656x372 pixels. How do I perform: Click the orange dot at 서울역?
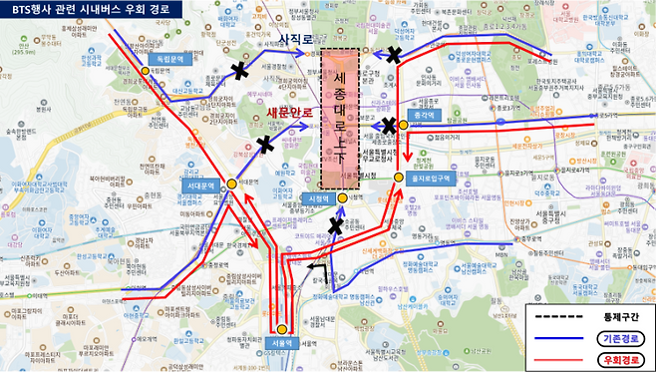(x=282, y=329)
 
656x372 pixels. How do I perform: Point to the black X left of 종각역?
(x=390, y=126)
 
